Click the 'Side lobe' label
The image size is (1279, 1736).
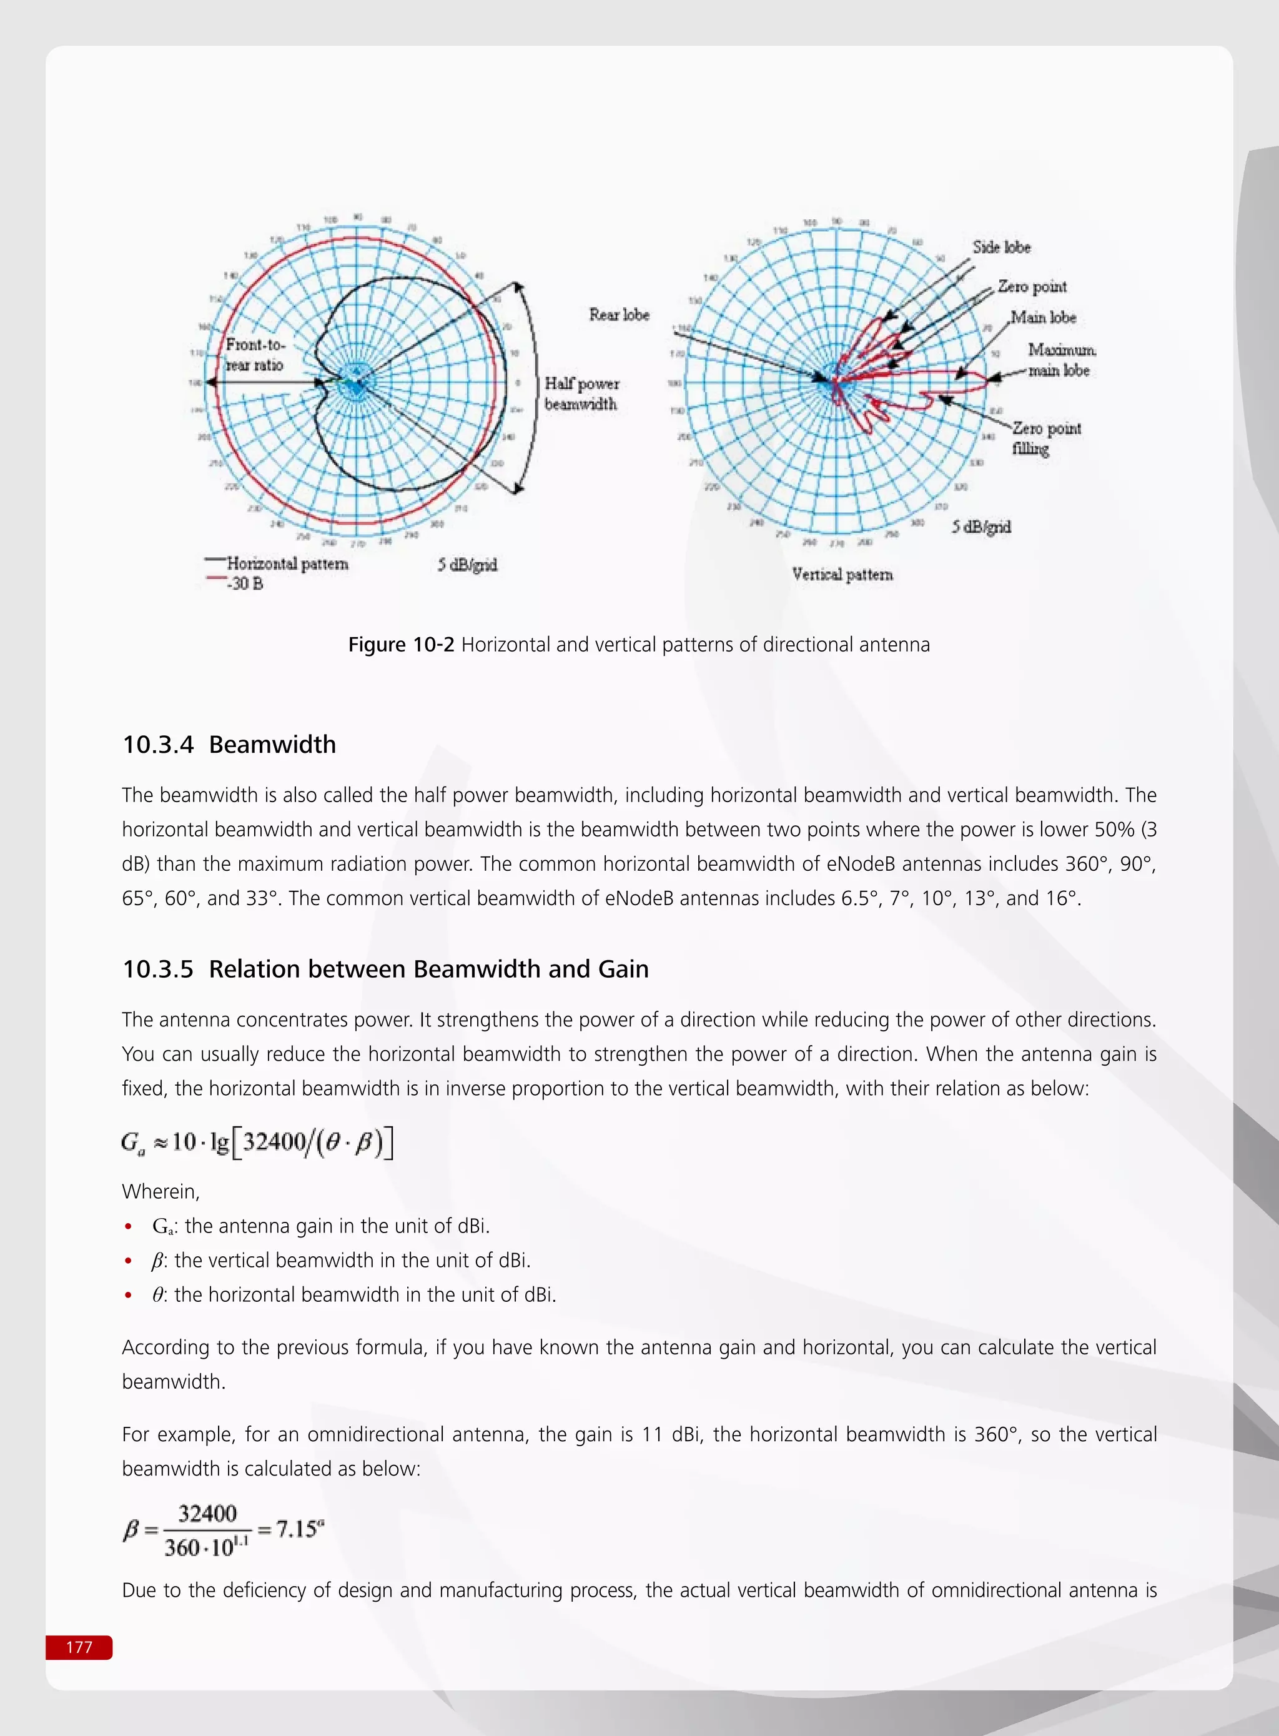pos(1001,247)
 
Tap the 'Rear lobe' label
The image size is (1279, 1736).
pos(619,314)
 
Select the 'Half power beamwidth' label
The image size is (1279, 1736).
pos(581,394)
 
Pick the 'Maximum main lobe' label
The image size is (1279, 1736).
pos(1060,360)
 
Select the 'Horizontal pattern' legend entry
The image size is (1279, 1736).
pos(287,563)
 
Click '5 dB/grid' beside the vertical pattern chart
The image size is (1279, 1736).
pos(981,527)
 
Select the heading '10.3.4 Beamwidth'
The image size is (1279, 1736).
pos(229,745)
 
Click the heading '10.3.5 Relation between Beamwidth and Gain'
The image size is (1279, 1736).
pos(385,970)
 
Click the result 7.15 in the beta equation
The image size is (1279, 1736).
pos(297,1529)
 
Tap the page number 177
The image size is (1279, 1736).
pos(79,1647)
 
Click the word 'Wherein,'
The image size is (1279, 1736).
pos(161,1192)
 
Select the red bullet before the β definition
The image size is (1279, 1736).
pos(129,1261)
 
